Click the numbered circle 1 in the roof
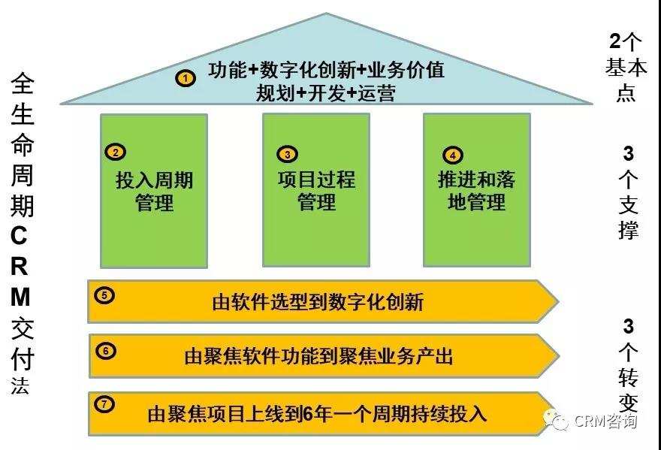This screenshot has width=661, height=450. pos(186,78)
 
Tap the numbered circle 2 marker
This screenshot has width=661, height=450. pos(116,152)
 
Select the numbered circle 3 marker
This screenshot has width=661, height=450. pos(287,154)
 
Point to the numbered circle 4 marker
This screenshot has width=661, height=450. pos(453,155)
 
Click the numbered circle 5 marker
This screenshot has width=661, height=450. pos(104,294)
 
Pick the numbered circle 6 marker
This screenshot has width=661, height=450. pos(105,351)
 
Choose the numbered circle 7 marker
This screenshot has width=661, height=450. pos(104,404)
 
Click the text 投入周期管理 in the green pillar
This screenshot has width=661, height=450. pos(154,192)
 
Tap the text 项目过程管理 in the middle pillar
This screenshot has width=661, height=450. pos(316,191)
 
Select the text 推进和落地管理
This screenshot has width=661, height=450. pos(477,191)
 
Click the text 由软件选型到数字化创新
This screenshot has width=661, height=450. pos(318,302)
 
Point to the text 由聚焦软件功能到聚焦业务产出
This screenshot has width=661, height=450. pos(318,356)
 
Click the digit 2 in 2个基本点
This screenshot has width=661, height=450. pos(615,41)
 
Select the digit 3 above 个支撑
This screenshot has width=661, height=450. pos(628,153)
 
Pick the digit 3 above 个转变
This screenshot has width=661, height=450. pos(628,326)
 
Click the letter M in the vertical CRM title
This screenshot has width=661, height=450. pos(20,297)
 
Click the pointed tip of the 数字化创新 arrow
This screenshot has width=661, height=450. pos(559,301)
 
